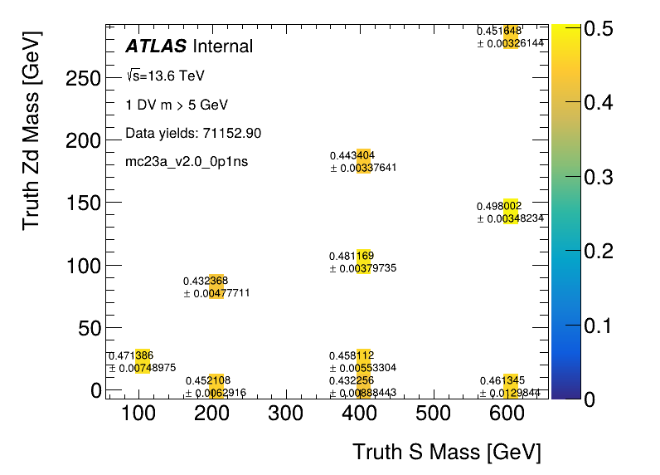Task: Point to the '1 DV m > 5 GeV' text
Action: point(176,105)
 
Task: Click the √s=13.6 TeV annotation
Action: point(165,76)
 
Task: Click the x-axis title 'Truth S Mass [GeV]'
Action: point(446,453)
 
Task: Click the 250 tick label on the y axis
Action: point(83,78)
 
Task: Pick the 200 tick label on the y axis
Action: point(83,140)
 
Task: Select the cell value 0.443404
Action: point(352,155)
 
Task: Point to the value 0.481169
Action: point(352,256)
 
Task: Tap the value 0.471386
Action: point(131,355)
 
